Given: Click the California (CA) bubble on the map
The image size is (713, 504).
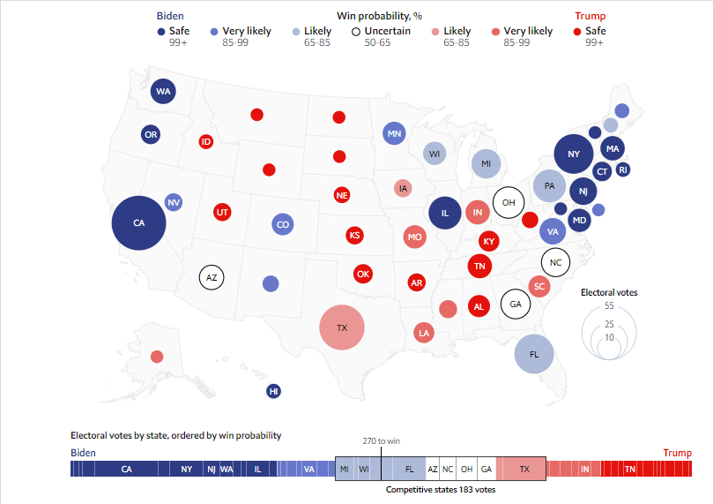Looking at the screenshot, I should tap(138, 222).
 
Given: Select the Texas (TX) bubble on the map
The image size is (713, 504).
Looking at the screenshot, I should tap(342, 327).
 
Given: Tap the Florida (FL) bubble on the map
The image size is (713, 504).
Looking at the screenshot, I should tap(533, 354).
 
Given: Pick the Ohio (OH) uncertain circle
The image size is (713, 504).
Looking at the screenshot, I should tap(508, 202).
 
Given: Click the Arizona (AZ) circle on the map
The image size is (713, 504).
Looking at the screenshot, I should tap(212, 277).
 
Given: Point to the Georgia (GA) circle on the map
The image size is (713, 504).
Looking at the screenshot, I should tap(515, 304).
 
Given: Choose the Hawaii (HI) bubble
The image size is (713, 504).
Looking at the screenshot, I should tap(274, 391).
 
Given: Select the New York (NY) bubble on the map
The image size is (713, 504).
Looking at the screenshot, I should tap(574, 155).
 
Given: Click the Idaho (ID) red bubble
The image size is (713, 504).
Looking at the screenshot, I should tap(206, 141).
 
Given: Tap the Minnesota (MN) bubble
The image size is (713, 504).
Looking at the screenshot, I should tap(393, 134).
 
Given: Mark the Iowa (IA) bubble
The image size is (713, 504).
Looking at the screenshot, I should tap(404, 188).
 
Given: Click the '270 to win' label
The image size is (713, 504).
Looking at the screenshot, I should tap(381, 440).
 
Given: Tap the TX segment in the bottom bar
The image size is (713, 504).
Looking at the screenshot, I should tap(524, 469).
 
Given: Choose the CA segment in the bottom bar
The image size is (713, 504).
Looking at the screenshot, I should tap(127, 469).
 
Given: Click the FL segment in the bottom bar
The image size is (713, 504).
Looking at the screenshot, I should tap(409, 469).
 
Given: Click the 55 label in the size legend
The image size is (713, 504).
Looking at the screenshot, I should tap(608, 305).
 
